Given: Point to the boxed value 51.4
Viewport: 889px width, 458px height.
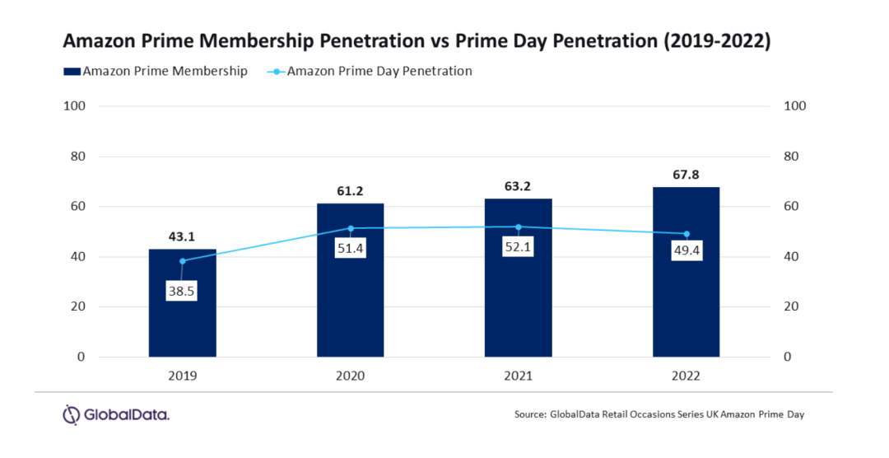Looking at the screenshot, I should (x=351, y=248).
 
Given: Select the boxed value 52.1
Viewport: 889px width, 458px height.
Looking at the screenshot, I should (x=519, y=247).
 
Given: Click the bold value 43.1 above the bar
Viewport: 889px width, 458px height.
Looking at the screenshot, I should (x=181, y=236).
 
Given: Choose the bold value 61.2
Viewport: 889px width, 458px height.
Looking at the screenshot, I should (x=350, y=191).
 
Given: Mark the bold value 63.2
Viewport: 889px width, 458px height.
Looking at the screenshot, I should (x=518, y=186).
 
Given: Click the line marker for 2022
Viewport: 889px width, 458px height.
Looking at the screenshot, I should (x=687, y=234).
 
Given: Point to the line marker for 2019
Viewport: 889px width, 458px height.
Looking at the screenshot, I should (x=182, y=260).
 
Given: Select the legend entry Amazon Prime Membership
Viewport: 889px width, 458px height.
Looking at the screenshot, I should (x=156, y=71).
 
